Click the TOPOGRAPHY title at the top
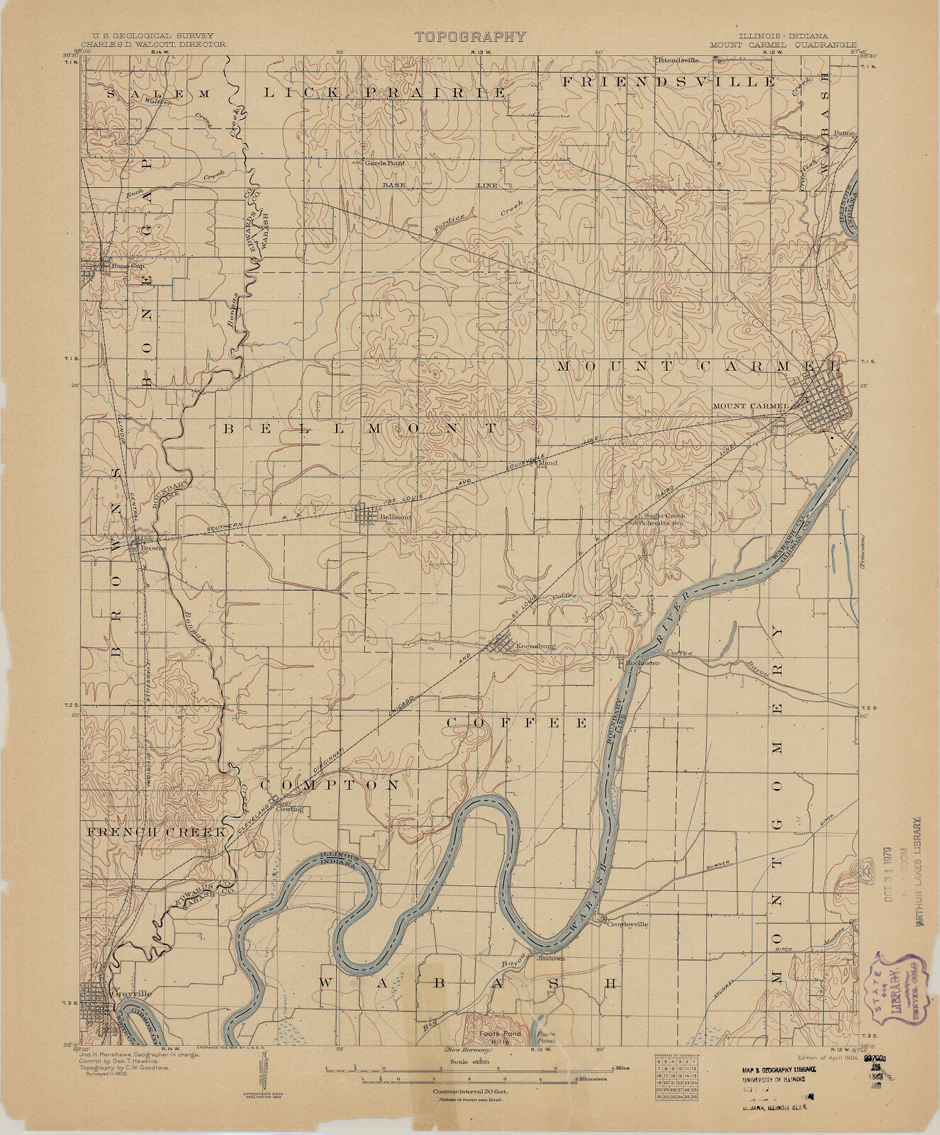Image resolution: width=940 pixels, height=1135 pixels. [x=470, y=37]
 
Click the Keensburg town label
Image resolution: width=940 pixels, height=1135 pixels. [x=535, y=646]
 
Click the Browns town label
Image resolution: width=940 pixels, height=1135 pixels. [x=153, y=548]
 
